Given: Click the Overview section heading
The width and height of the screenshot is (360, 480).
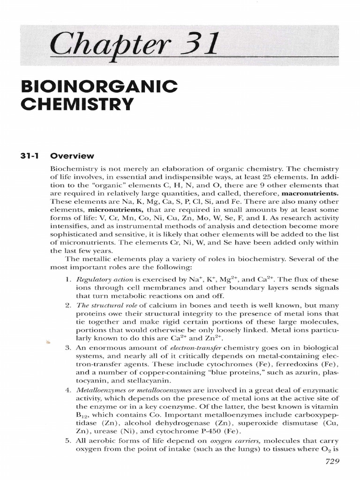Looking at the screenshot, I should (72, 156).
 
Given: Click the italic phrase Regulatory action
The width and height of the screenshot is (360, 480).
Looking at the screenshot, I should (100, 279).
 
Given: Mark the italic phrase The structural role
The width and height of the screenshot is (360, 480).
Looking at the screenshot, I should (101, 305).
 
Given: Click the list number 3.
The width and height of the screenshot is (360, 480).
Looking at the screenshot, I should (67, 347).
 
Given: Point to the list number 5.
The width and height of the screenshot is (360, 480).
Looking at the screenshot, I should (67, 441).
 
